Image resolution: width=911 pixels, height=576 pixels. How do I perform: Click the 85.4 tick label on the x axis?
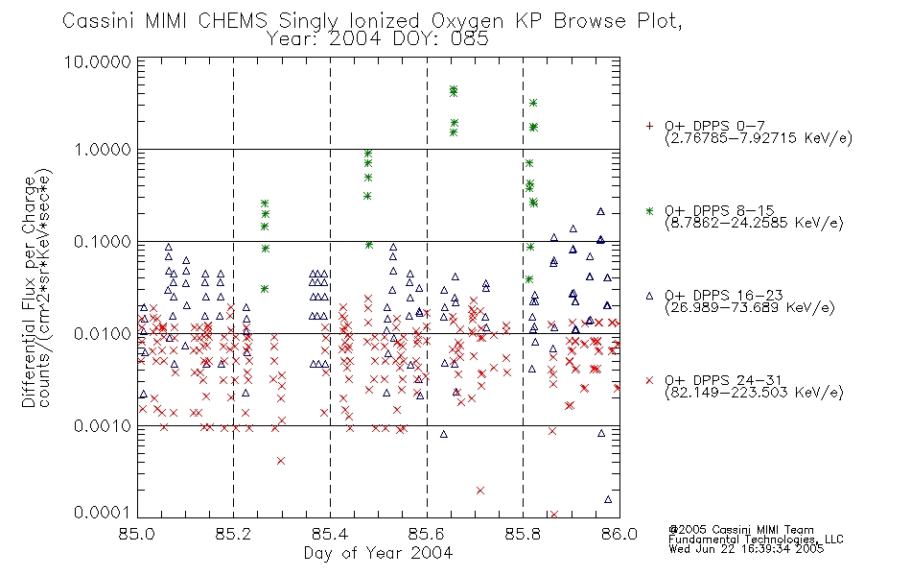pyautogui.click(x=330, y=534)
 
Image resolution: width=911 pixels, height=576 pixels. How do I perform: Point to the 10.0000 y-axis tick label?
pyautogui.click(x=98, y=61)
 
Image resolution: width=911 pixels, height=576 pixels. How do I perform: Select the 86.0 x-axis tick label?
pyautogui.click(x=619, y=534)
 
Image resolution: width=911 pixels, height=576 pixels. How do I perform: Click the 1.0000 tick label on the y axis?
pyautogui.click(x=103, y=150)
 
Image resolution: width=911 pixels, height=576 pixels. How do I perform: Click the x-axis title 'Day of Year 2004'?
pyautogui.click(x=378, y=553)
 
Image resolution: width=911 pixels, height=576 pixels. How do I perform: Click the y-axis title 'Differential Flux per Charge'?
pyautogui.click(x=29, y=292)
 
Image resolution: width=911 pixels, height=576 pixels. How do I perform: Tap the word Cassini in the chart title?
pyautogui.click(x=98, y=21)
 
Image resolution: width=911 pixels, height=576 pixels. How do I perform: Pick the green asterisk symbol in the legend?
pyautogui.click(x=649, y=210)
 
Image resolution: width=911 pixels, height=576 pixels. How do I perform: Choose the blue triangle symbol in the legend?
pyautogui.click(x=649, y=296)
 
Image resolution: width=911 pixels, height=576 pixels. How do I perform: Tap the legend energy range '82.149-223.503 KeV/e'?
pyautogui.click(x=754, y=393)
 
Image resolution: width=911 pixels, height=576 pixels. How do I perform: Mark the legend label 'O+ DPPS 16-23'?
pyautogui.click(x=724, y=295)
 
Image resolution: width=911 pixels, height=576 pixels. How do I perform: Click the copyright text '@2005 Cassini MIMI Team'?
pyautogui.click(x=740, y=530)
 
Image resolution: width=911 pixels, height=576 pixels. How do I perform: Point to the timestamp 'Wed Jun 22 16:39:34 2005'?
pyautogui.click(x=746, y=548)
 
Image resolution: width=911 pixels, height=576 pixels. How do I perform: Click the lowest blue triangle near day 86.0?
pyautogui.click(x=608, y=499)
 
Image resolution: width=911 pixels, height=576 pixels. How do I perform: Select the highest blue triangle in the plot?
pyautogui.click(x=600, y=211)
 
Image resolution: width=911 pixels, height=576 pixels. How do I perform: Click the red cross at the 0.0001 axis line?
pyautogui.click(x=553, y=515)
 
